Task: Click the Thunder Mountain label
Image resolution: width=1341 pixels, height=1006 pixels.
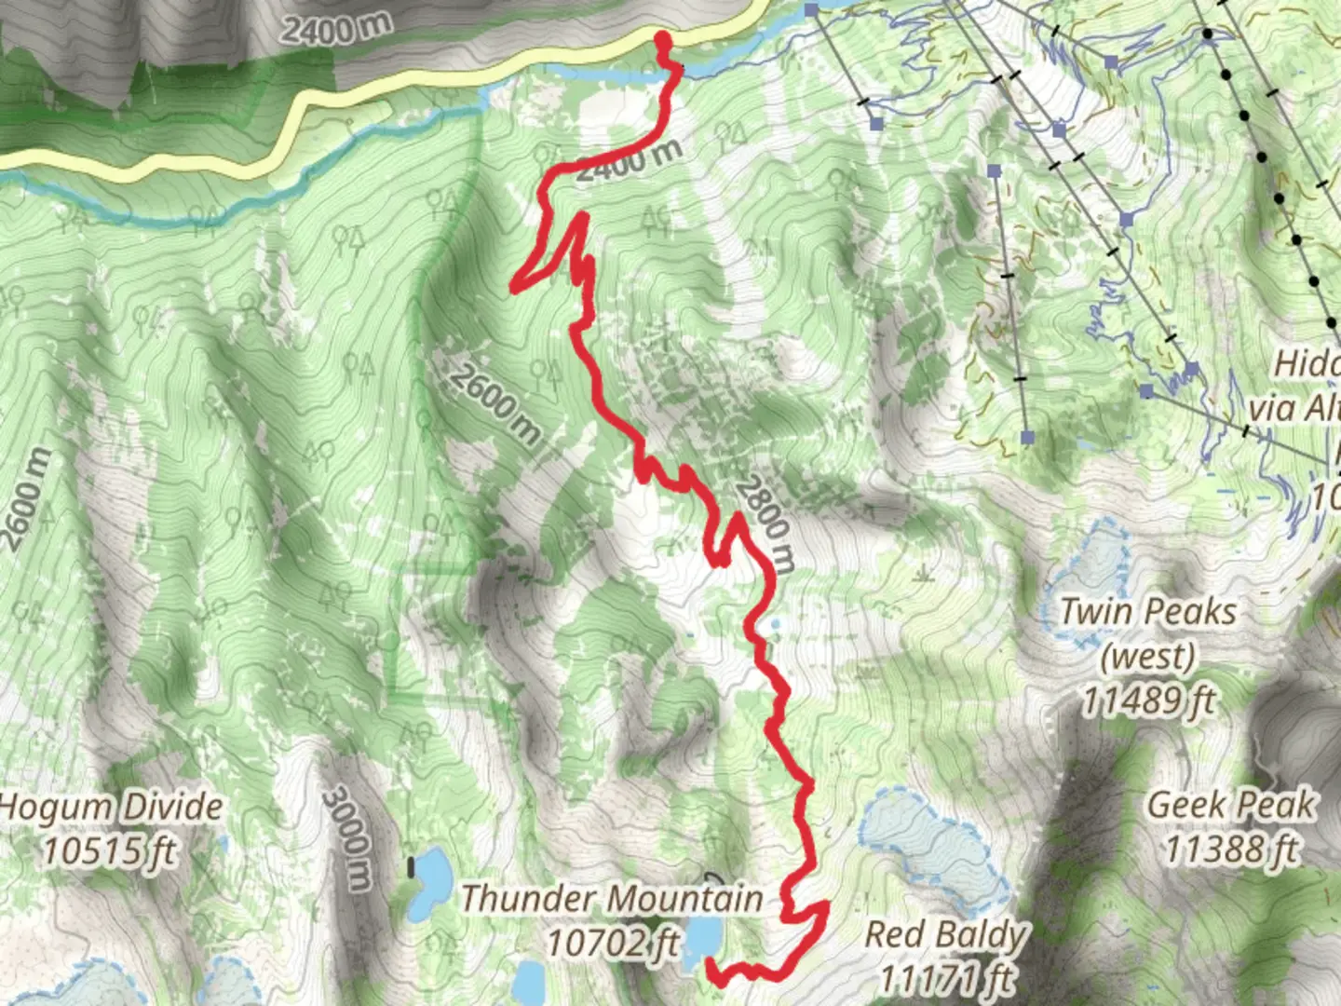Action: pos(612,900)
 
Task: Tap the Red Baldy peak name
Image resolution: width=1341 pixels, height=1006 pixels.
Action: pos(945,934)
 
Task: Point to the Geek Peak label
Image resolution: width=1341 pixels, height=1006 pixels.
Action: pos(1231,805)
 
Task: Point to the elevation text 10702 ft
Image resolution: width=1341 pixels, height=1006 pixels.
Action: pos(612,944)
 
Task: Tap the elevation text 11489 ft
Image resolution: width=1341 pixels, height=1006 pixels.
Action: pos(1148,700)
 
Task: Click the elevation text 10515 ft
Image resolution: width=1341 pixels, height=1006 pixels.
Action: pos(110,850)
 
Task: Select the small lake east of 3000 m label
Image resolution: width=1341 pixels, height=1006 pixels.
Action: pos(431,881)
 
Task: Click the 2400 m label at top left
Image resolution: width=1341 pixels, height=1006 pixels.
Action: pos(337,28)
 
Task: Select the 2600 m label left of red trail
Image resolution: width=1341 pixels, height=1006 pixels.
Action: pos(495,401)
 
